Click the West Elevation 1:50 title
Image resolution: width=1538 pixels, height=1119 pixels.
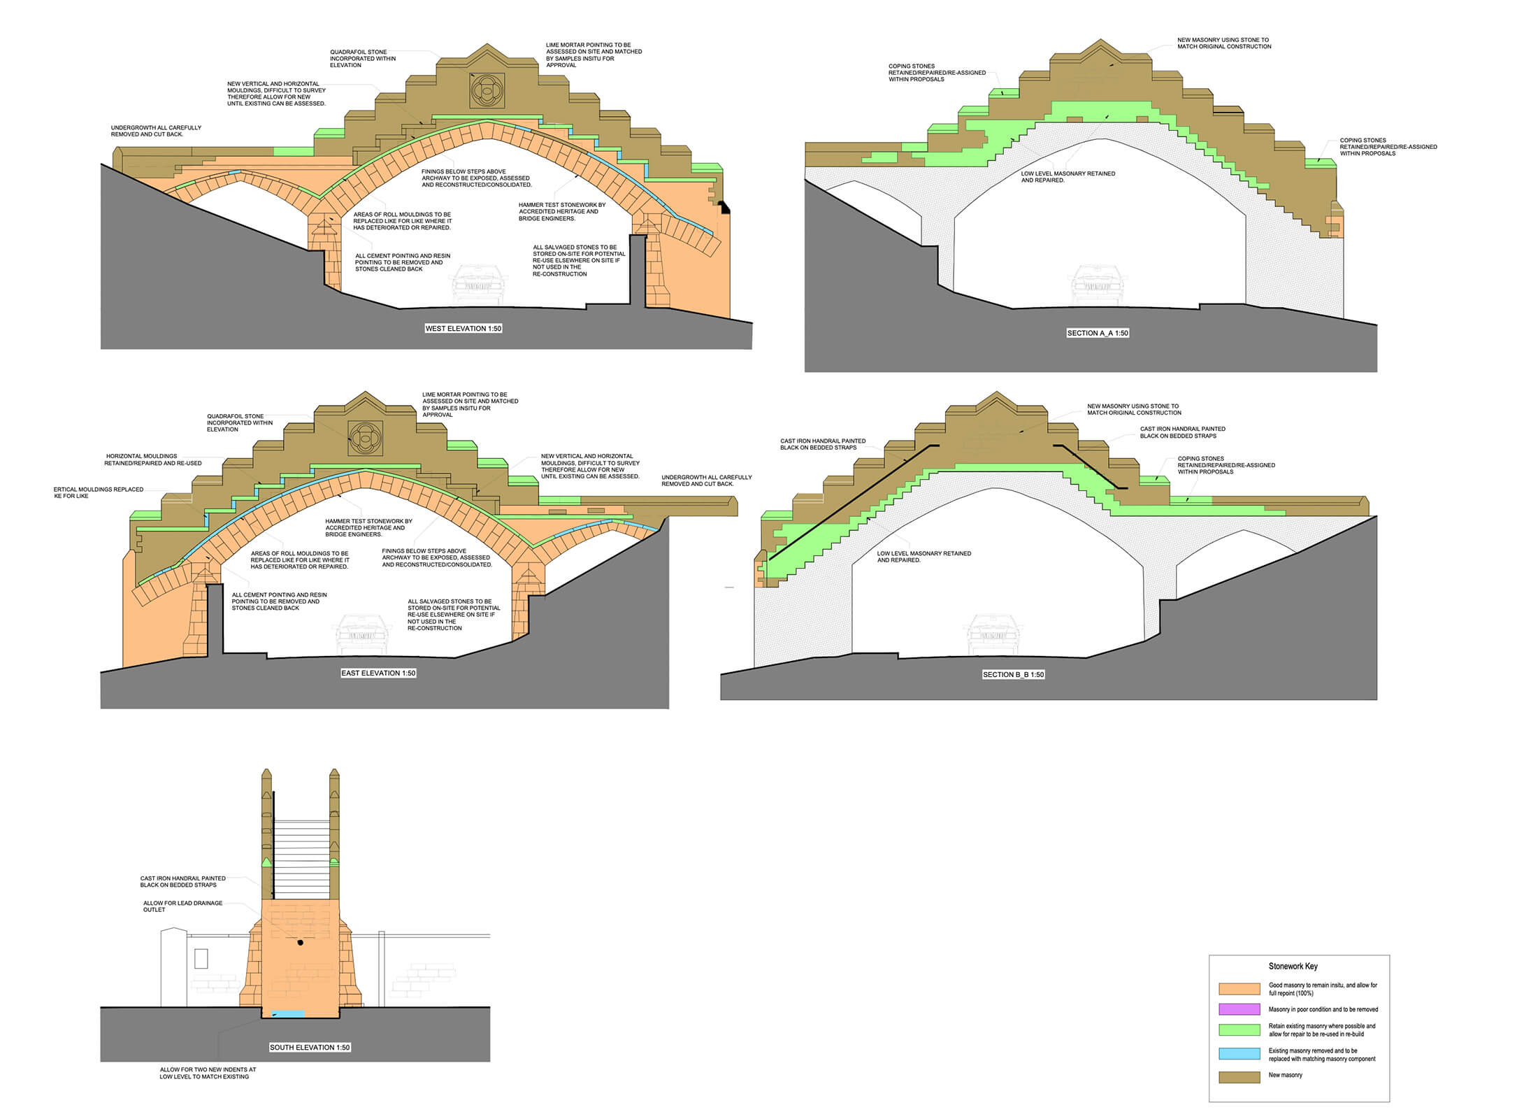(463, 329)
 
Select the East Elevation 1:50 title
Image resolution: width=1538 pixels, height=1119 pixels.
(378, 673)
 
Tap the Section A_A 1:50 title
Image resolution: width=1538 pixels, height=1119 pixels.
(1098, 334)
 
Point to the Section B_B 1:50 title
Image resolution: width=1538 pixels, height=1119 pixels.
(1013, 675)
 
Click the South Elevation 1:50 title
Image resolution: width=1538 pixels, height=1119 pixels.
(310, 1048)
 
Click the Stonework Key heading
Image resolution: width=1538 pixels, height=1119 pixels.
(1293, 967)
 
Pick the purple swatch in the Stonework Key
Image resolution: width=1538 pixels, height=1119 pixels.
(1239, 1010)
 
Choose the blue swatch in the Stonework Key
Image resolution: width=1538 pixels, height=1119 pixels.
(1239, 1054)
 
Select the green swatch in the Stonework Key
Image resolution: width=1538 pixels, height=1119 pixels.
(1239, 1030)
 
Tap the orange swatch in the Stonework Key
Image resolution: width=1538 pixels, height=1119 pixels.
(1239, 989)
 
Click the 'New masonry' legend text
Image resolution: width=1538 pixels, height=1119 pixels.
(1286, 1076)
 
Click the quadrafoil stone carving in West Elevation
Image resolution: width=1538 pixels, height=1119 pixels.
(487, 90)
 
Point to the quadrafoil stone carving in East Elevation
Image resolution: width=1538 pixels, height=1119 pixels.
(366, 439)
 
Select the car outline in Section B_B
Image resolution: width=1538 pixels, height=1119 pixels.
(993, 634)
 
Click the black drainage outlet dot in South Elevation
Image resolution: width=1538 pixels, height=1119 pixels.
(301, 943)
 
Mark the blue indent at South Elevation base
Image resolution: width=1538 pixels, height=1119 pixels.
(288, 1014)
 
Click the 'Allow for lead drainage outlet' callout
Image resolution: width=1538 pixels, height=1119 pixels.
(182, 906)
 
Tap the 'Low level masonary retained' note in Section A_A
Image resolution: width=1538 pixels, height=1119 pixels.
(1068, 177)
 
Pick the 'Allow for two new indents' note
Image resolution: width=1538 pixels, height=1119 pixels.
(208, 1073)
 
